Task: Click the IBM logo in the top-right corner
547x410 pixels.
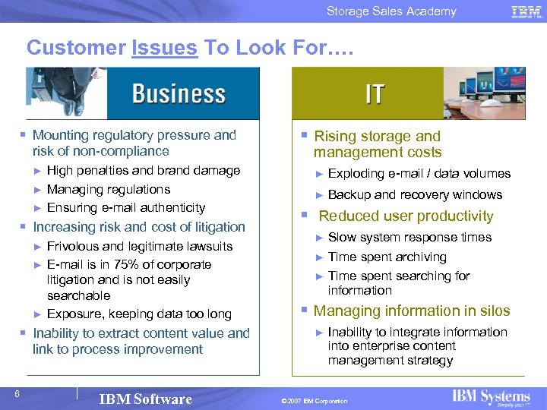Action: (526, 11)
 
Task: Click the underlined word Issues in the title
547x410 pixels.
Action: (164, 48)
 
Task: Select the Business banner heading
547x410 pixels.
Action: (179, 93)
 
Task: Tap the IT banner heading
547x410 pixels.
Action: (375, 93)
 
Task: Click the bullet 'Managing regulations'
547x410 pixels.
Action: (108, 189)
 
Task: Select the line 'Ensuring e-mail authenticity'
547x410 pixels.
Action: (125, 207)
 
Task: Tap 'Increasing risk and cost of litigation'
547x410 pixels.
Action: (138, 226)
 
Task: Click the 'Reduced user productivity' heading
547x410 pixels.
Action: (406, 216)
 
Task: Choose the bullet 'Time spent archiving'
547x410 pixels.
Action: (387, 257)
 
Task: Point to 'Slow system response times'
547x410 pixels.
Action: (409, 237)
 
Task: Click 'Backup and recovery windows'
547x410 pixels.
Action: (415, 194)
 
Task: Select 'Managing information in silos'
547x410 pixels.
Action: (411, 311)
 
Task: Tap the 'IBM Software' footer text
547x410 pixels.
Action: (146, 399)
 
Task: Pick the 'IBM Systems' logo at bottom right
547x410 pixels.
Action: (491, 397)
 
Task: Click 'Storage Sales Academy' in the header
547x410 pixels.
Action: (391, 11)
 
